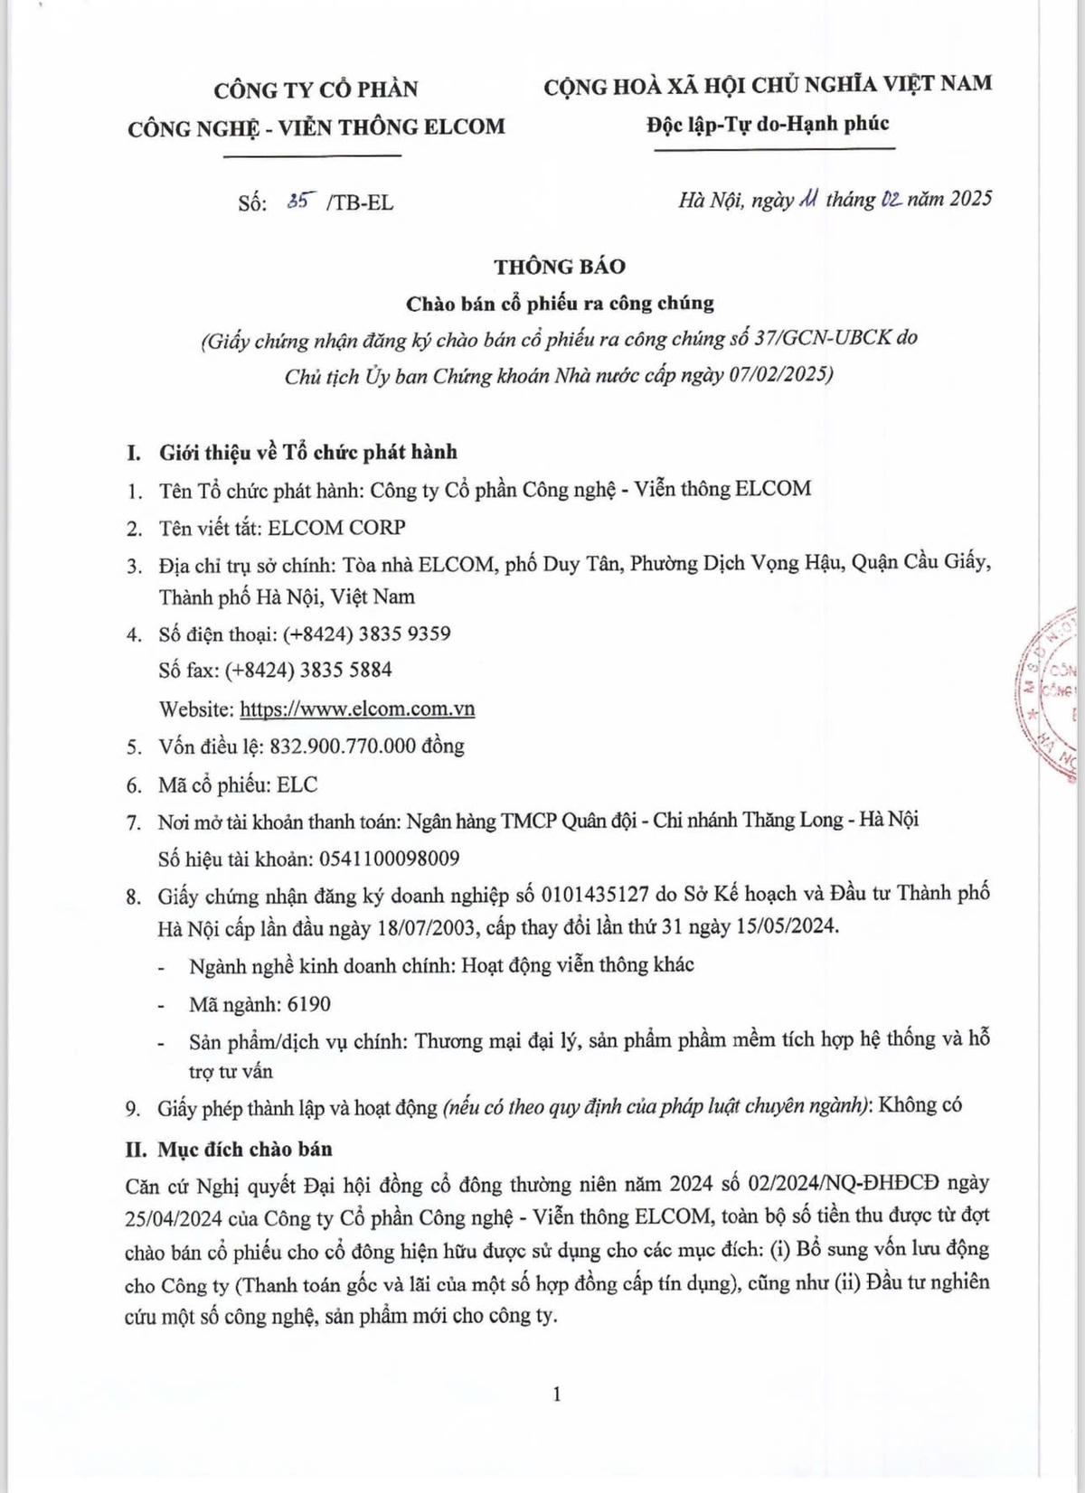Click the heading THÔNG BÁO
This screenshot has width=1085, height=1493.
559,267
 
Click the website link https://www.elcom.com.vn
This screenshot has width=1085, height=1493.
357,709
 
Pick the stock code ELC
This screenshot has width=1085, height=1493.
297,784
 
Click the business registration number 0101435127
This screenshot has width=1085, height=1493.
595,895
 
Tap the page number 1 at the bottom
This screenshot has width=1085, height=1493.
557,1394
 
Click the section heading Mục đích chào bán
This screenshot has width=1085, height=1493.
244,1150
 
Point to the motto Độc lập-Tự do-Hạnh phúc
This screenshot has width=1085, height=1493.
768,124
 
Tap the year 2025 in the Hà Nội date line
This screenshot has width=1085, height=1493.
970,199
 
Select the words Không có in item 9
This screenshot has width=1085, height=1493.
920,1105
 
